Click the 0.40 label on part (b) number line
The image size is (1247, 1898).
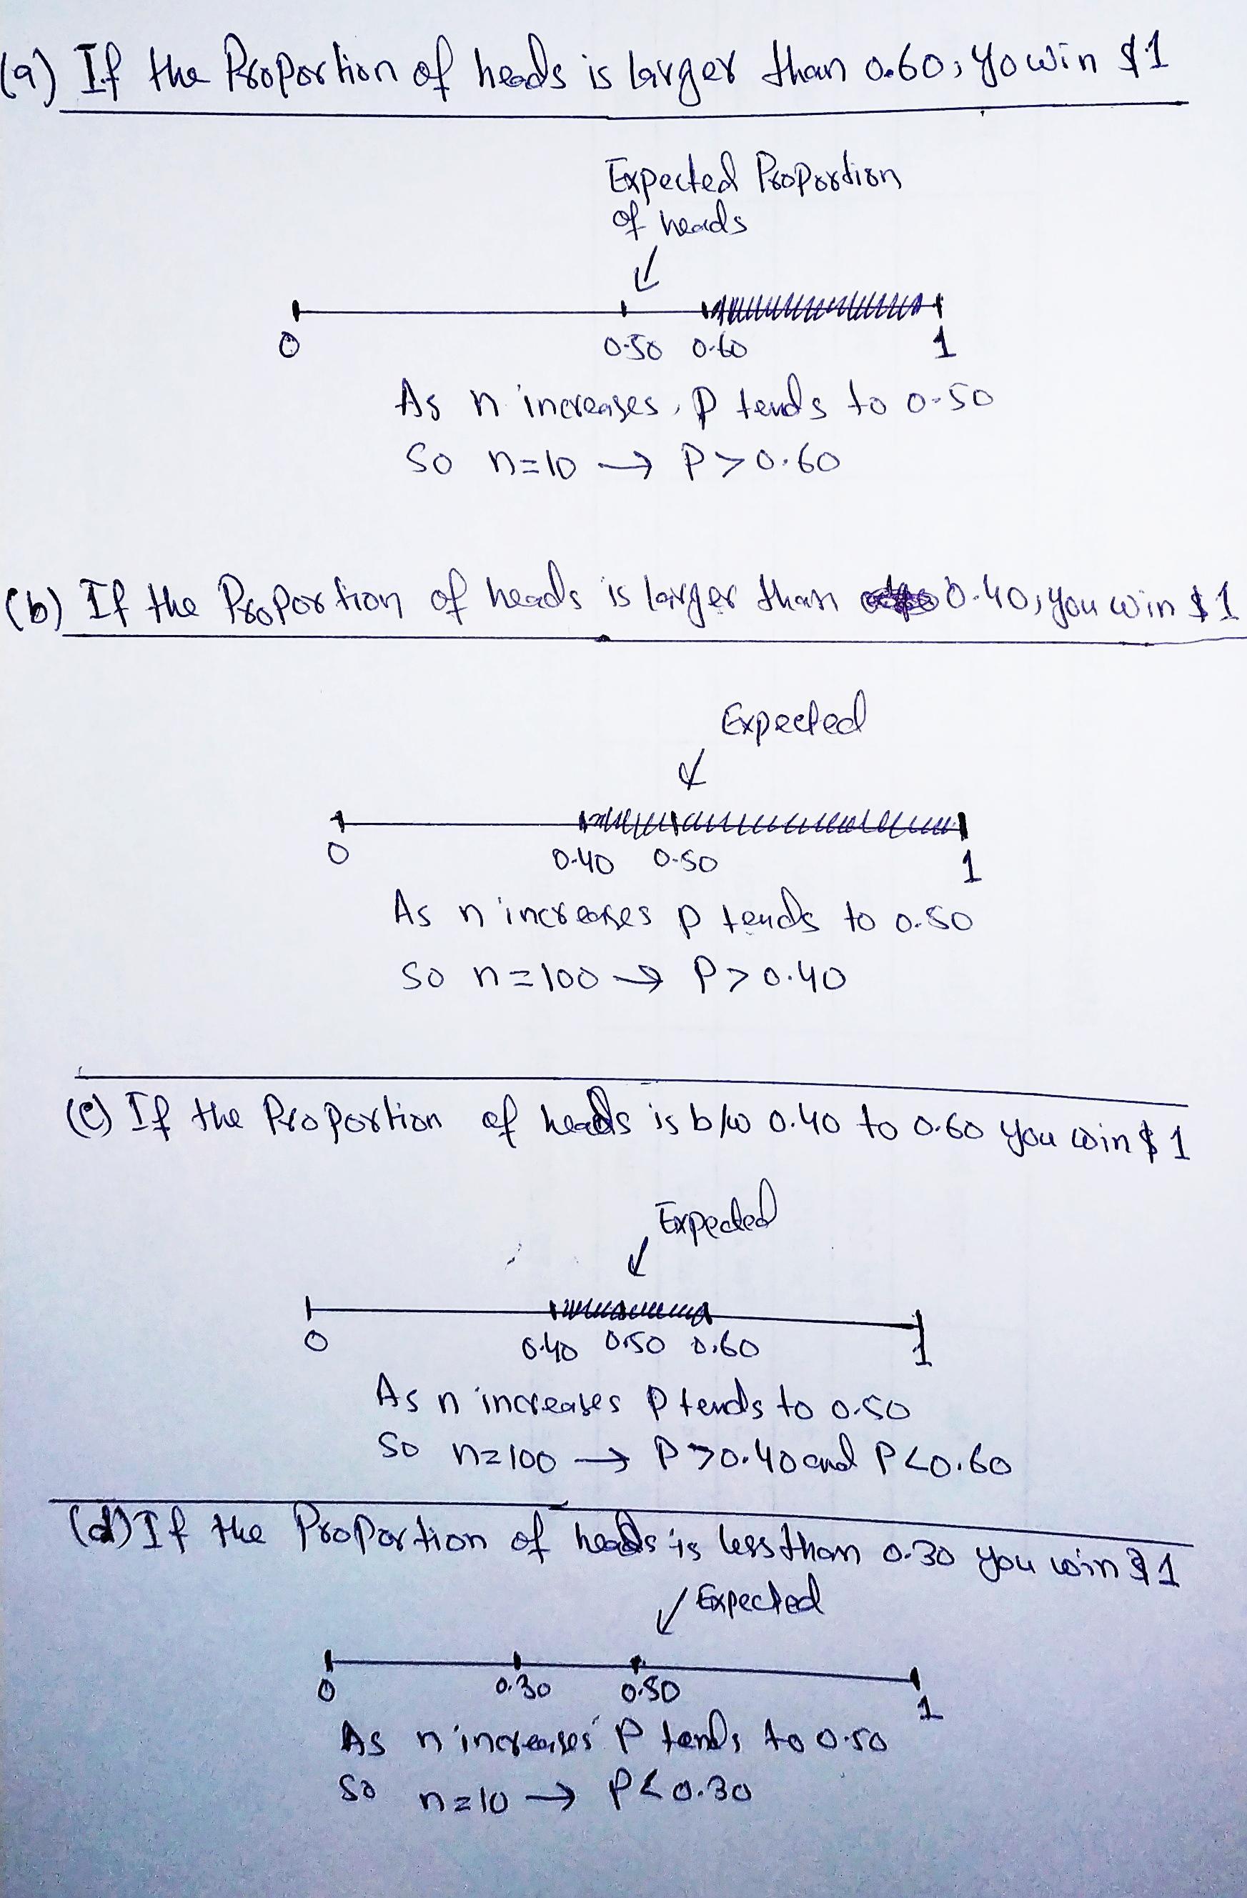pos(583,862)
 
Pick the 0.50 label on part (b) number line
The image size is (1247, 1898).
pos(685,862)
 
